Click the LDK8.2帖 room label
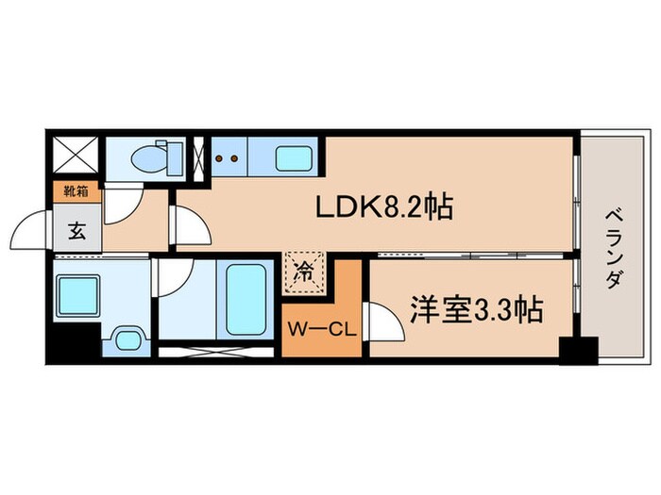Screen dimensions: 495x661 (383, 206)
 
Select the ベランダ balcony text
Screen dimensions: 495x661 (615, 251)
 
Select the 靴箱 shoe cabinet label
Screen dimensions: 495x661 (76, 191)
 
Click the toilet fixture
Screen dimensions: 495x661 (156, 157)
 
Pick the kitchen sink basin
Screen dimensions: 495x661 (295, 157)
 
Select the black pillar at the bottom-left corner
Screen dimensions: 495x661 (70, 344)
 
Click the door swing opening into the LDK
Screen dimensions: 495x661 (187, 223)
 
